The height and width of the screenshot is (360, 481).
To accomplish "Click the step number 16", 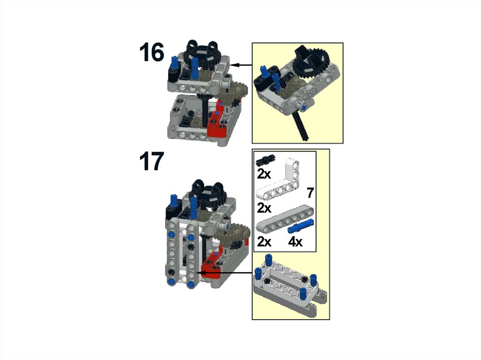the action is pyautogui.click(x=152, y=53).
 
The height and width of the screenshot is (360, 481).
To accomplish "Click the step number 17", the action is pyautogui.click(x=152, y=161).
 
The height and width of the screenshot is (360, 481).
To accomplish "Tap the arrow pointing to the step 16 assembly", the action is pyautogui.click(x=241, y=65).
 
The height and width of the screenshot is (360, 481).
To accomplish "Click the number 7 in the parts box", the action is pyautogui.click(x=310, y=193).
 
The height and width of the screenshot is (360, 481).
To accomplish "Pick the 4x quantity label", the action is pyautogui.click(x=295, y=242).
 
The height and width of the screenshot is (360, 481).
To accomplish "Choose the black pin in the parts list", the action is pyautogui.click(x=266, y=159).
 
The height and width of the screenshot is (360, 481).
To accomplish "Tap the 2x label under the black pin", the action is pyautogui.click(x=264, y=174).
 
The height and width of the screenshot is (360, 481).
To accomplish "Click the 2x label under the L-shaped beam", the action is pyautogui.click(x=264, y=208).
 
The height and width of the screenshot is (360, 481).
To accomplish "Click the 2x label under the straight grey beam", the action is pyautogui.click(x=264, y=242).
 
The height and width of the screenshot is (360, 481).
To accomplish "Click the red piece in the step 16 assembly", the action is pyautogui.click(x=216, y=122).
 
